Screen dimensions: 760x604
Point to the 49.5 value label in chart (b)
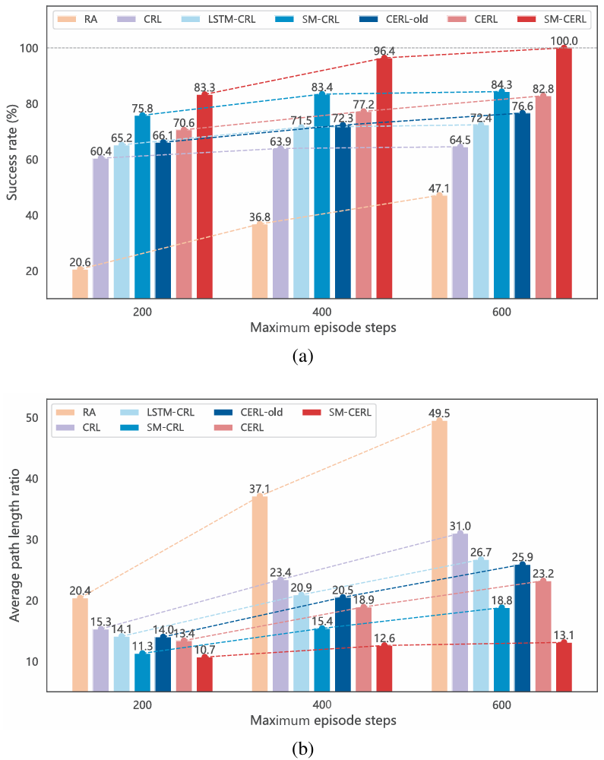[439, 413]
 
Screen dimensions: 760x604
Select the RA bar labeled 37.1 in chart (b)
[260, 593]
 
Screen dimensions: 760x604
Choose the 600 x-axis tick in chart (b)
[501, 705]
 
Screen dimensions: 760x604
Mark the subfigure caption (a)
[302, 355]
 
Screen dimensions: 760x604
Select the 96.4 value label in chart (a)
[384, 50]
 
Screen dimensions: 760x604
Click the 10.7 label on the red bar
[205, 648]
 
